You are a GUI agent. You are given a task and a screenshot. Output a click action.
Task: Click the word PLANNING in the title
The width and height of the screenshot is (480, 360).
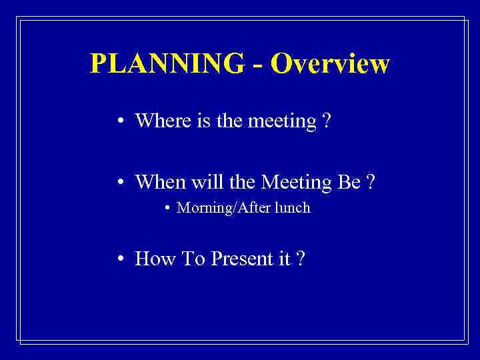(167, 63)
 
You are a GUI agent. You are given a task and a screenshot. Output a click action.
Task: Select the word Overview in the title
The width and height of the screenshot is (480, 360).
(331, 63)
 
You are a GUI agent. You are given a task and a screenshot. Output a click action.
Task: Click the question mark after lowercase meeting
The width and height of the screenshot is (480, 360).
(325, 121)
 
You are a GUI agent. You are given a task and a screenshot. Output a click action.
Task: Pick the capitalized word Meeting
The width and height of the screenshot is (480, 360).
(297, 181)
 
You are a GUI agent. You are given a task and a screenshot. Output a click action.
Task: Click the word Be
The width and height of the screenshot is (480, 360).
(349, 181)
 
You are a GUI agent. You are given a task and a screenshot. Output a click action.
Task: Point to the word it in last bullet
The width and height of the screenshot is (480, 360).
(284, 259)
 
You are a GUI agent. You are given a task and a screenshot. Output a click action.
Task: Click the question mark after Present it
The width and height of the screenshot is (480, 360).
(301, 259)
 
